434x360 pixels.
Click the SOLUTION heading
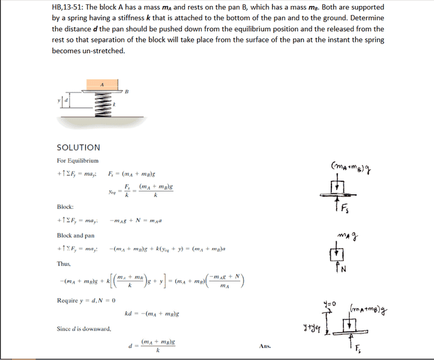79,147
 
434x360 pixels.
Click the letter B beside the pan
127,91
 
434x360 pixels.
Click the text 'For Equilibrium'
77,161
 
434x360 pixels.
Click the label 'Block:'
65,206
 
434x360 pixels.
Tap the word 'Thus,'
64,263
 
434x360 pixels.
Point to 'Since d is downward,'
83,328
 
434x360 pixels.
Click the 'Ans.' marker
266,346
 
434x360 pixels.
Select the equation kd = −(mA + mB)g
152,314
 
